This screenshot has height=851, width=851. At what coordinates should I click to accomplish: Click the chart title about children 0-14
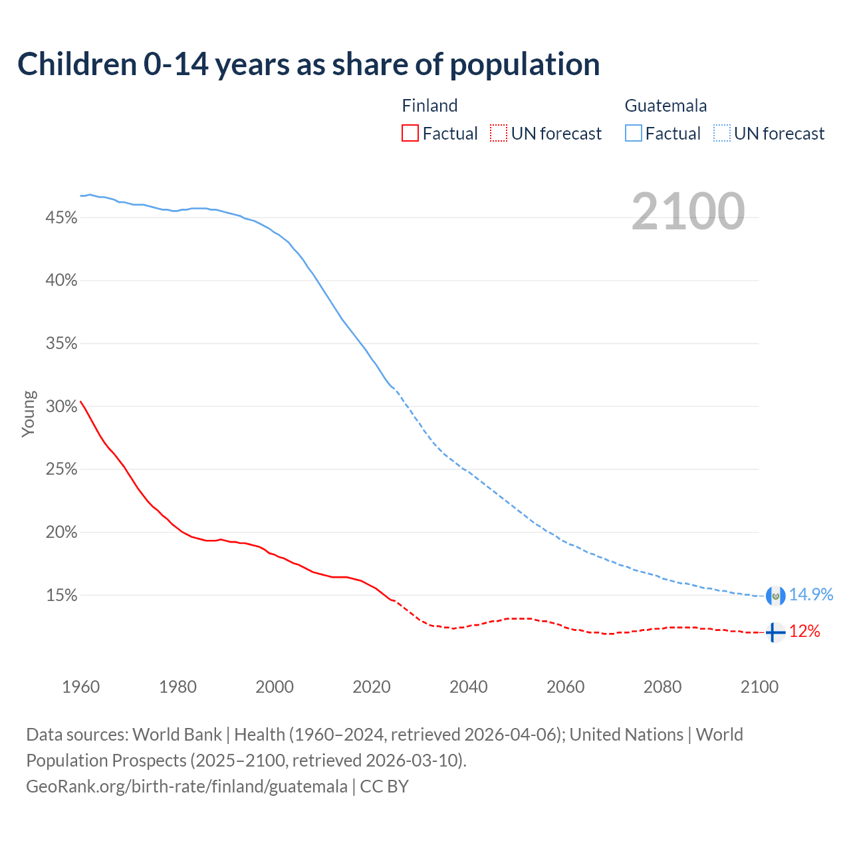click(x=308, y=64)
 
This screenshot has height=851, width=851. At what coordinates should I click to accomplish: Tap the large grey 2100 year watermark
click(x=687, y=211)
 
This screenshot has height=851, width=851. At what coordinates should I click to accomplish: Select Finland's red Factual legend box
click(x=410, y=134)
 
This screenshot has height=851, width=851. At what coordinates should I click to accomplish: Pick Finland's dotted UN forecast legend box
click(x=499, y=134)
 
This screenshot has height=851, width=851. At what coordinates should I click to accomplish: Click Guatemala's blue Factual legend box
click(x=634, y=134)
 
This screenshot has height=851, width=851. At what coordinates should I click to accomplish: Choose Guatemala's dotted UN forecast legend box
click(x=721, y=134)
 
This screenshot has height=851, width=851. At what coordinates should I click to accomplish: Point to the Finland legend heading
click(x=429, y=106)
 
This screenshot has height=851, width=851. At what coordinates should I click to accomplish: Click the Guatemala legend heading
click(x=666, y=106)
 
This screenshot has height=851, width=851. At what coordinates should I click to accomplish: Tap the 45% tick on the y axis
click(x=61, y=218)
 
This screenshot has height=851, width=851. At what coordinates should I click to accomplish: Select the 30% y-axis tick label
click(x=61, y=407)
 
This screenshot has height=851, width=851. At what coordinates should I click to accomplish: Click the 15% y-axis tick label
click(x=61, y=596)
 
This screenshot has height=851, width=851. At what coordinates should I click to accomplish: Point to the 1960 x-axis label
click(x=80, y=687)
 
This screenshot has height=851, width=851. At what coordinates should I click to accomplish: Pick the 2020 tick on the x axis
click(x=372, y=687)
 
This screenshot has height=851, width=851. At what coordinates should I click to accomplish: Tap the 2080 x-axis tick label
click(x=662, y=687)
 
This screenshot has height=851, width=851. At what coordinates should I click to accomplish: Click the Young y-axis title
click(x=29, y=414)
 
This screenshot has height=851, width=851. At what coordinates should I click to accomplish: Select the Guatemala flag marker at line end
click(x=775, y=596)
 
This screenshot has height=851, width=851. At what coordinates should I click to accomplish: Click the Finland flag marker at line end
click(x=775, y=632)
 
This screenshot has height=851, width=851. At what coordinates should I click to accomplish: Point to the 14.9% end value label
click(x=811, y=595)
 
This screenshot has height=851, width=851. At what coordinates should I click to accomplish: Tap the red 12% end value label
click(x=804, y=632)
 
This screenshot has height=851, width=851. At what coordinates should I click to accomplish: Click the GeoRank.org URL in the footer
click(x=187, y=787)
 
